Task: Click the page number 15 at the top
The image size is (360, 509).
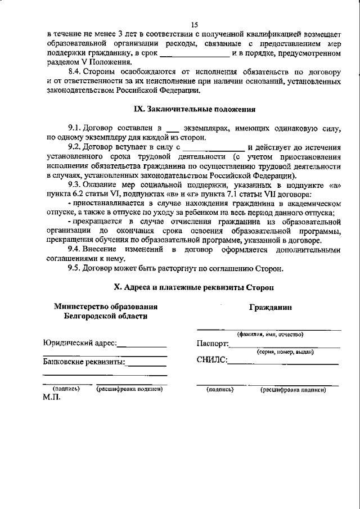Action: pyautogui.click(x=195, y=24)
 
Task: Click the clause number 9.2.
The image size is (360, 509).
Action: pyautogui.click(x=76, y=147)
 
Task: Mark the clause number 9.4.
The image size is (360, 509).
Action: pyautogui.click(x=76, y=249)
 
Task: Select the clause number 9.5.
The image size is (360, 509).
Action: pyautogui.click(x=76, y=268)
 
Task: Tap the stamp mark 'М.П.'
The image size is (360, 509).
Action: pyautogui.click(x=52, y=397)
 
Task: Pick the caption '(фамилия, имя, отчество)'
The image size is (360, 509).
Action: pyautogui.click(x=270, y=334)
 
